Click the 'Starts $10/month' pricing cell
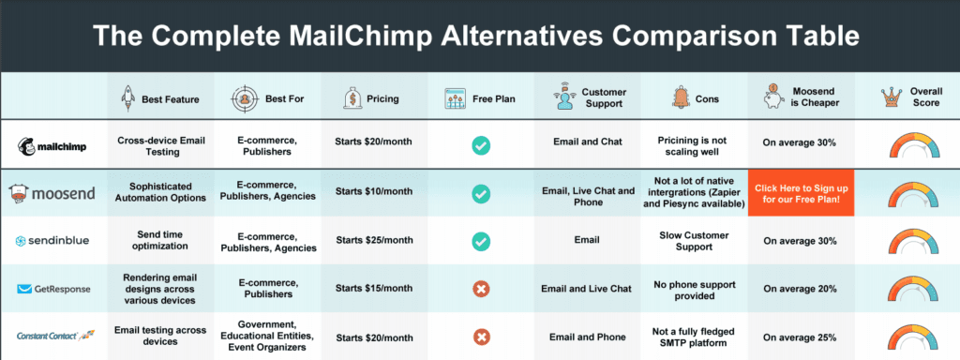point(373,193)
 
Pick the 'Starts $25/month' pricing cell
point(373,241)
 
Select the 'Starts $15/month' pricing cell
point(373,289)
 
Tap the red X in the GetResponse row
point(481,289)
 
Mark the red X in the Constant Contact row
point(481,336)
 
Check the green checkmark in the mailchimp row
point(481,145)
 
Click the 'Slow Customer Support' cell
point(693,241)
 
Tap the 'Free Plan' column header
point(481,97)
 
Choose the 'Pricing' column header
point(373,97)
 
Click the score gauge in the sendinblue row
point(906,241)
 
